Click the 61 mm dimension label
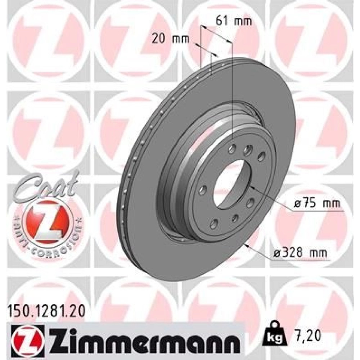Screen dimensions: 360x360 [234, 21]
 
